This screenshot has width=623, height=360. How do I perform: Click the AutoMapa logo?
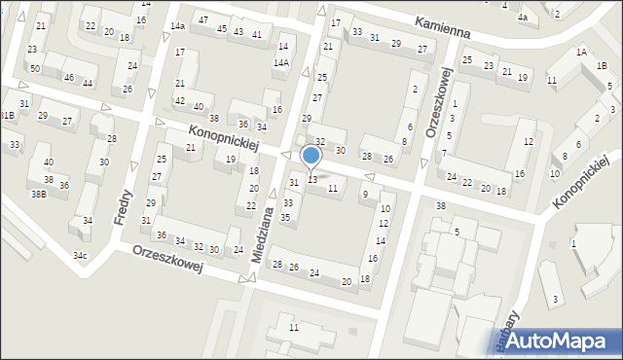563,341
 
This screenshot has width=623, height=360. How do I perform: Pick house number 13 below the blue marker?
312,179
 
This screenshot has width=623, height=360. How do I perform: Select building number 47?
202,19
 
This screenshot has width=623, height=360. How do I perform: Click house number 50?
34,69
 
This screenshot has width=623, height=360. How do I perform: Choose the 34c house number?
80,256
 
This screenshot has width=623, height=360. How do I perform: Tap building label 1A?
581,52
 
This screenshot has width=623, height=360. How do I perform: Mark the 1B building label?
603,66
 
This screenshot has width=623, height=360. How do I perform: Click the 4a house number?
522,18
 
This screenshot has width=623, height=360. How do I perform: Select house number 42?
180,101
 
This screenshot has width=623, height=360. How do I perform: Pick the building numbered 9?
364,195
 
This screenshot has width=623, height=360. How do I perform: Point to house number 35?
285,217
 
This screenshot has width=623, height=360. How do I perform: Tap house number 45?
222,29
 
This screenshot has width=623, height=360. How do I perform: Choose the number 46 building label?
69,77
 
